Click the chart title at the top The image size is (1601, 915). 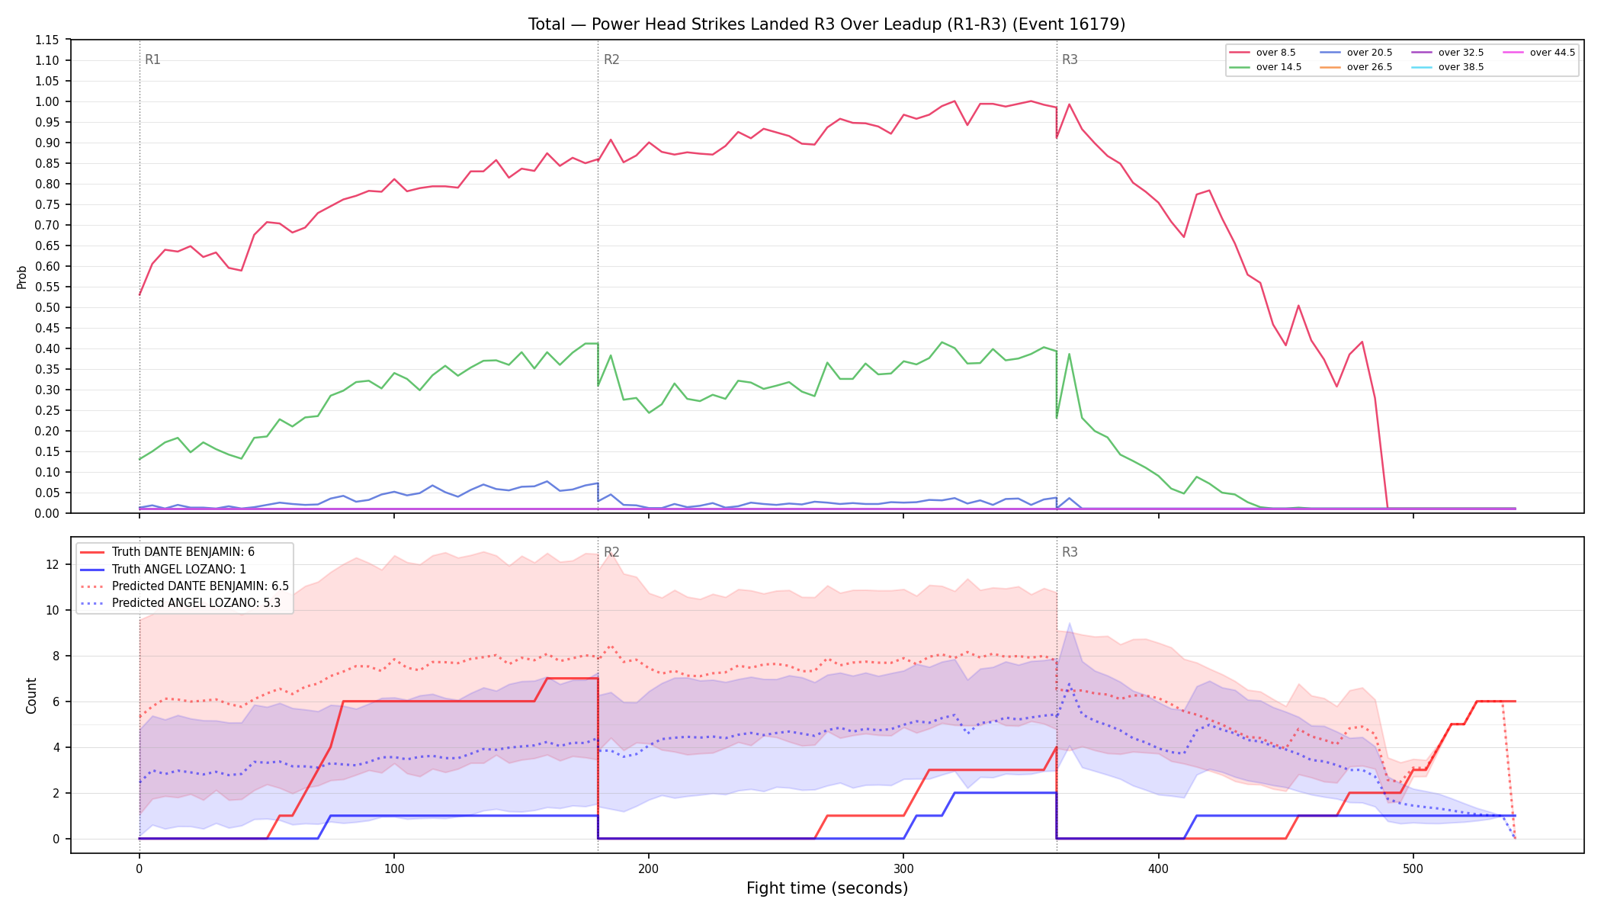[x=826, y=24]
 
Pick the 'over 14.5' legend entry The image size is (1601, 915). [x=1266, y=67]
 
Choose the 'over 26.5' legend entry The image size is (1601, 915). [x=1356, y=67]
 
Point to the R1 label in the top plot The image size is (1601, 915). [x=152, y=59]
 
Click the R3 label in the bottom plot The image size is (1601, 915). [x=1070, y=552]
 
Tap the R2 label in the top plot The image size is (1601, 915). [x=611, y=59]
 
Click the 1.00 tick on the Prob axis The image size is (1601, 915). [x=47, y=101]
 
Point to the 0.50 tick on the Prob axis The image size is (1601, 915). [x=47, y=307]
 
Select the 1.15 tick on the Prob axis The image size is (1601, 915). [x=47, y=40]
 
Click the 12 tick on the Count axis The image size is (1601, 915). [x=53, y=564]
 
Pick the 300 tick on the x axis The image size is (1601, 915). [x=903, y=868]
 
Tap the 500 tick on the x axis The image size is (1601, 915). [x=1413, y=868]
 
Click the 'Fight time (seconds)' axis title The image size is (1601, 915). [x=827, y=888]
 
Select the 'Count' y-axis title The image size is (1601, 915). [x=31, y=695]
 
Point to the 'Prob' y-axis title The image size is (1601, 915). [x=22, y=277]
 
